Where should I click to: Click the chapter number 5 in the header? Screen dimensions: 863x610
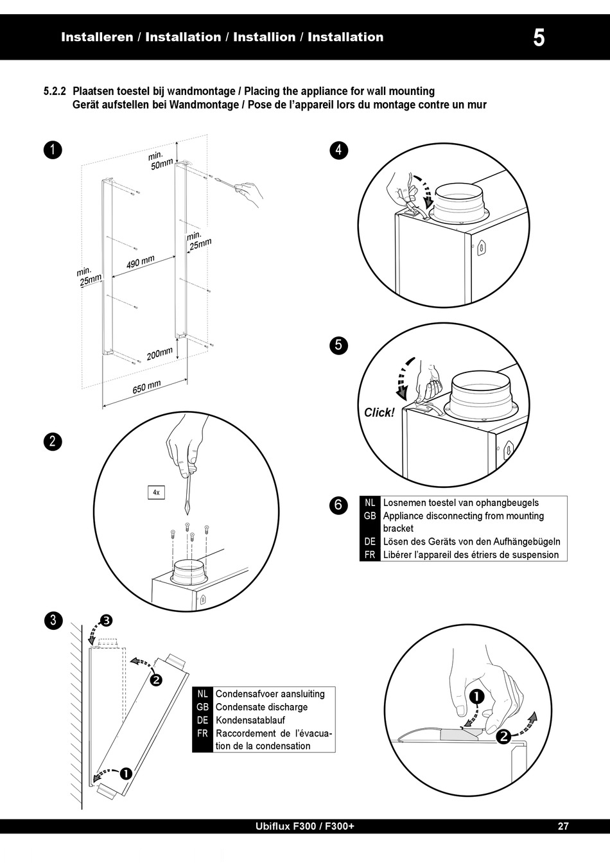[539, 38]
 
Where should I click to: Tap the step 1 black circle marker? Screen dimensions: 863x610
[53, 150]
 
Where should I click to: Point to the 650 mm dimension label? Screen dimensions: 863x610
[146, 387]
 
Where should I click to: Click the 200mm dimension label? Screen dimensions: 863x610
[160, 354]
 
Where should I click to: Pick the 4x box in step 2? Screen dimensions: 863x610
[156, 493]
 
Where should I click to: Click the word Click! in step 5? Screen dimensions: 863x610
[379, 413]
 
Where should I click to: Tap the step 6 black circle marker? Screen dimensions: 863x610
[338, 505]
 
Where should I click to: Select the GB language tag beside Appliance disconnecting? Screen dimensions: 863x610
[370, 516]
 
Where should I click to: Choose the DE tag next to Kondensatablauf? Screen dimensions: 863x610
[202, 720]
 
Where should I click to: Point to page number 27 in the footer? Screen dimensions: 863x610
[563, 826]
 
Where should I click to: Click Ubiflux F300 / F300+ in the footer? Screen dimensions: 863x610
[305, 826]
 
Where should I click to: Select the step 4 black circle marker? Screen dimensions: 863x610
[338, 150]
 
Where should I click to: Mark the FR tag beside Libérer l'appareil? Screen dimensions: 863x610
[370, 555]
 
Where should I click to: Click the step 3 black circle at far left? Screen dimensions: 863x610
[53, 620]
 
